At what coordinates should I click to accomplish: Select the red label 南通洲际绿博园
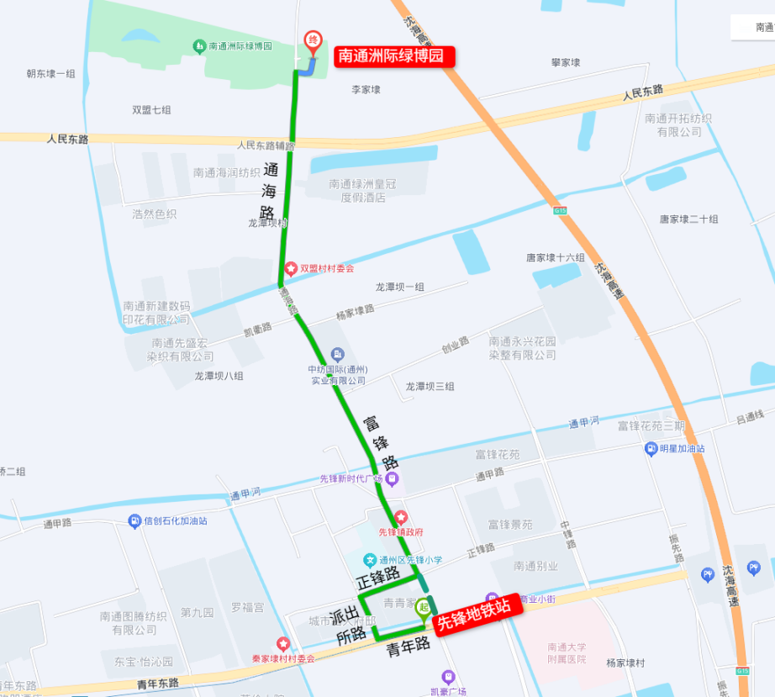(395, 57)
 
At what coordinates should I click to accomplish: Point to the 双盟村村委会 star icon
(291, 268)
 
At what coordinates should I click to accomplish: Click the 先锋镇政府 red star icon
(401, 516)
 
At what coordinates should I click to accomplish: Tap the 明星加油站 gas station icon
(651, 448)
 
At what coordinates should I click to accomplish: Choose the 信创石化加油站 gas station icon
(134, 520)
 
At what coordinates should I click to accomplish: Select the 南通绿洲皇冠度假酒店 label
(362, 191)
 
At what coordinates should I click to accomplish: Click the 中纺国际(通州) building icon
(338, 354)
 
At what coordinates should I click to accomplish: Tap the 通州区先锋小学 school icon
(370, 559)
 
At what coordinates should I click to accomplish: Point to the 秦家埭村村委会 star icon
(283, 644)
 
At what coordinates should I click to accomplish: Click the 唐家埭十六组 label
(556, 257)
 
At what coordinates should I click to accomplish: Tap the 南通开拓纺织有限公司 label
(678, 125)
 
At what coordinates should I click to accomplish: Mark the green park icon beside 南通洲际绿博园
(199, 45)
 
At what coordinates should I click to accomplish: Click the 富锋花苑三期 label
(651, 426)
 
